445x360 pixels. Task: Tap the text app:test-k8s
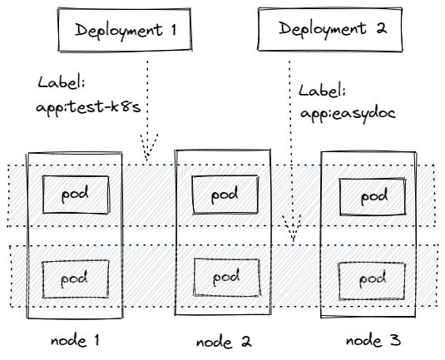[x=88, y=108]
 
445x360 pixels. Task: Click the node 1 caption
[x=75, y=340]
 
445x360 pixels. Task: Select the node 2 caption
[x=224, y=342]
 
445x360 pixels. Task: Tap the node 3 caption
[x=373, y=340]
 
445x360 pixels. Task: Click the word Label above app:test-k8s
[x=62, y=82]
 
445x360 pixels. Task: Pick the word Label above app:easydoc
[x=322, y=91]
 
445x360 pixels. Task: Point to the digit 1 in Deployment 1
[x=173, y=30]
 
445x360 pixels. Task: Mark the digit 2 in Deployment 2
[x=382, y=29]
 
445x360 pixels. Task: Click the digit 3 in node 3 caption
[x=395, y=340]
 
